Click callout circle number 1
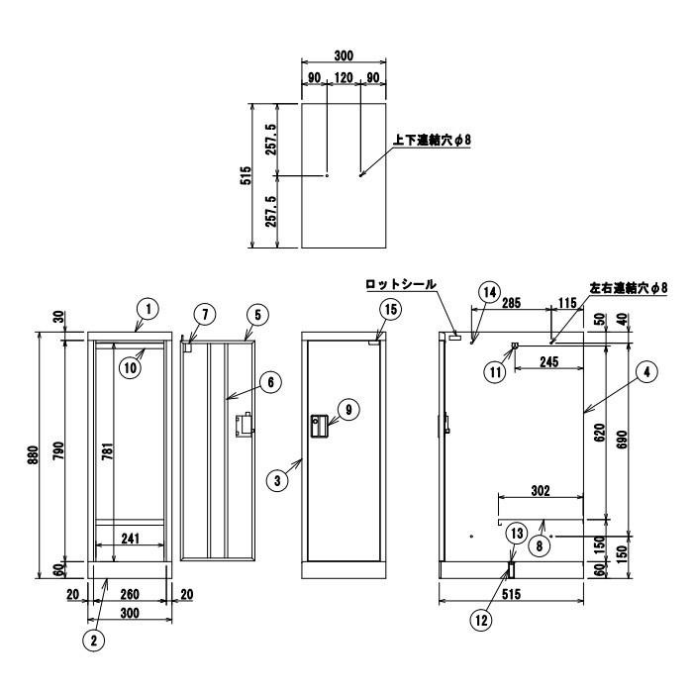click(x=146, y=309)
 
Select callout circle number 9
click(x=344, y=407)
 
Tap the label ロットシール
click(x=400, y=284)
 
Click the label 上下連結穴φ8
click(x=432, y=141)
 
